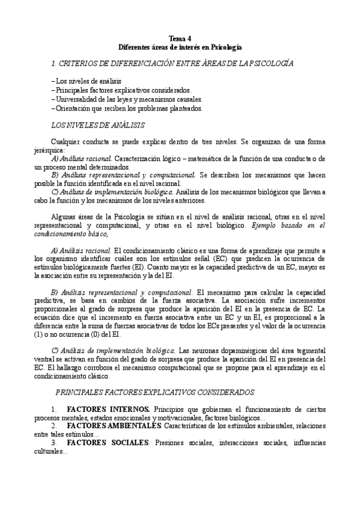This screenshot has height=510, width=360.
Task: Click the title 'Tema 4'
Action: [180, 38]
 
